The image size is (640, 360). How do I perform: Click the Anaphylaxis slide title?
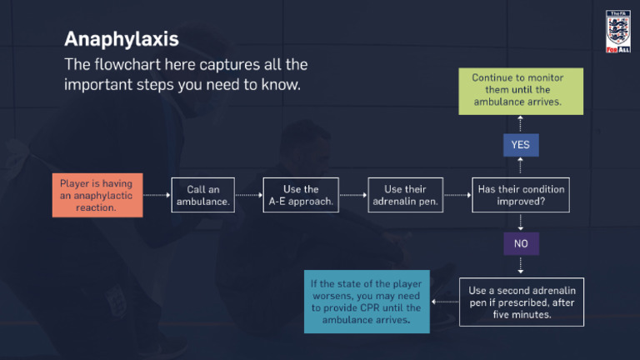pos(121,38)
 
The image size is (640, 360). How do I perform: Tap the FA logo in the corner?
pos(617,32)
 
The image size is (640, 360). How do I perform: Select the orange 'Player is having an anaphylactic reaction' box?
pos(96,195)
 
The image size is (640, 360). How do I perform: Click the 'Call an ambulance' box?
pos(203,196)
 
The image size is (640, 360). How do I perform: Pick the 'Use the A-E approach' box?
pos(301,196)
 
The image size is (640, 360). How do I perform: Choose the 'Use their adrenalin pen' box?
pos(404,196)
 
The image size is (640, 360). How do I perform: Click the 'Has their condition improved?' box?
pos(521,196)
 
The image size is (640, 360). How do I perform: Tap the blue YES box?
pos(521,145)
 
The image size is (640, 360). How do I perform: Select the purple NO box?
pos(521,244)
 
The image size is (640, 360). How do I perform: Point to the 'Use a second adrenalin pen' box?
pos(522,302)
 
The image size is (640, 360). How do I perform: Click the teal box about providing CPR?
pos(366,302)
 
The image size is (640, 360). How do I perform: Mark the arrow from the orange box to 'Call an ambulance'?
pos(156,196)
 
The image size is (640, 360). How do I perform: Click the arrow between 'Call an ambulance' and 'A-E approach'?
pos(248,196)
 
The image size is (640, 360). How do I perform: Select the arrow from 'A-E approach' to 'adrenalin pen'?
pos(353,196)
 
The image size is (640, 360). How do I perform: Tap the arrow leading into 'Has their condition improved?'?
pos(457,196)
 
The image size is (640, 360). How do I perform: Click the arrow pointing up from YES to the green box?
pos(521,123)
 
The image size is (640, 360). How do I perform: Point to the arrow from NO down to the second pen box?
pos(521,265)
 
